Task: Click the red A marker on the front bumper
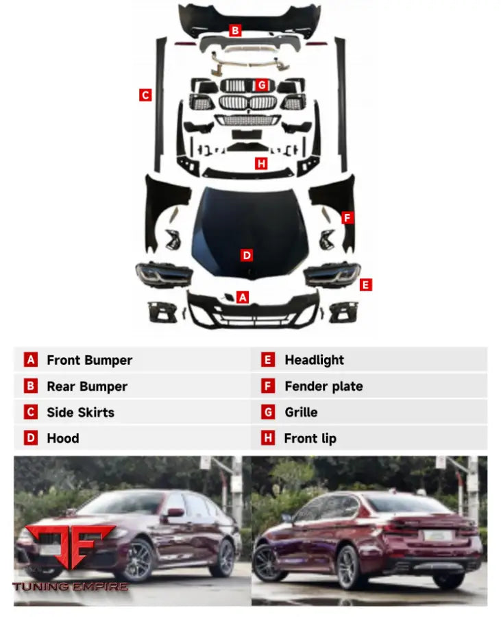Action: pyautogui.click(x=243, y=297)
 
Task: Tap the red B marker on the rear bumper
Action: pyautogui.click(x=235, y=30)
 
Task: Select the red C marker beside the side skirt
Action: pyautogui.click(x=145, y=95)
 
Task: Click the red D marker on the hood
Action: pyautogui.click(x=247, y=256)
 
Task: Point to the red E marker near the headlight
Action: pyautogui.click(x=366, y=285)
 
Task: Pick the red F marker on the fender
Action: pyautogui.click(x=347, y=217)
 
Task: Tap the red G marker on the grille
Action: pyautogui.click(x=262, y=85)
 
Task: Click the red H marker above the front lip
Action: pyautogui.click(x=261, y=163)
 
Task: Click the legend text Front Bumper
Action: pyautogui.click(x=90, y=361)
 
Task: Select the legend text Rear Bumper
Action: pyautogui.click(x=87, y=387)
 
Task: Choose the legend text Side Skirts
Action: pyautogui.click(x=81, y=413)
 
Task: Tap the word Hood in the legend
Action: pyautogui.click(x=63, y=438)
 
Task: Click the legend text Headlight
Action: pyautogui.click(x=314, y=360)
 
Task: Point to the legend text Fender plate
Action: pyautogui.click(x=323, y=387)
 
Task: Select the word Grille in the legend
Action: pyautogui.click(x=302, y=413)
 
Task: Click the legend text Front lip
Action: pyautogui.click(x=310, y=439)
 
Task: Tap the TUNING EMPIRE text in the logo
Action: pyautogui.click(x=70, y=587)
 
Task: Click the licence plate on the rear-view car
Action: pyautogui.click(x=435, y=535)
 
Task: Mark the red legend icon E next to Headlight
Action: pyautogui.click(x=268, y=360)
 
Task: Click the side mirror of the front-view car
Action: pyautogui.click(x=175, y=513)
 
